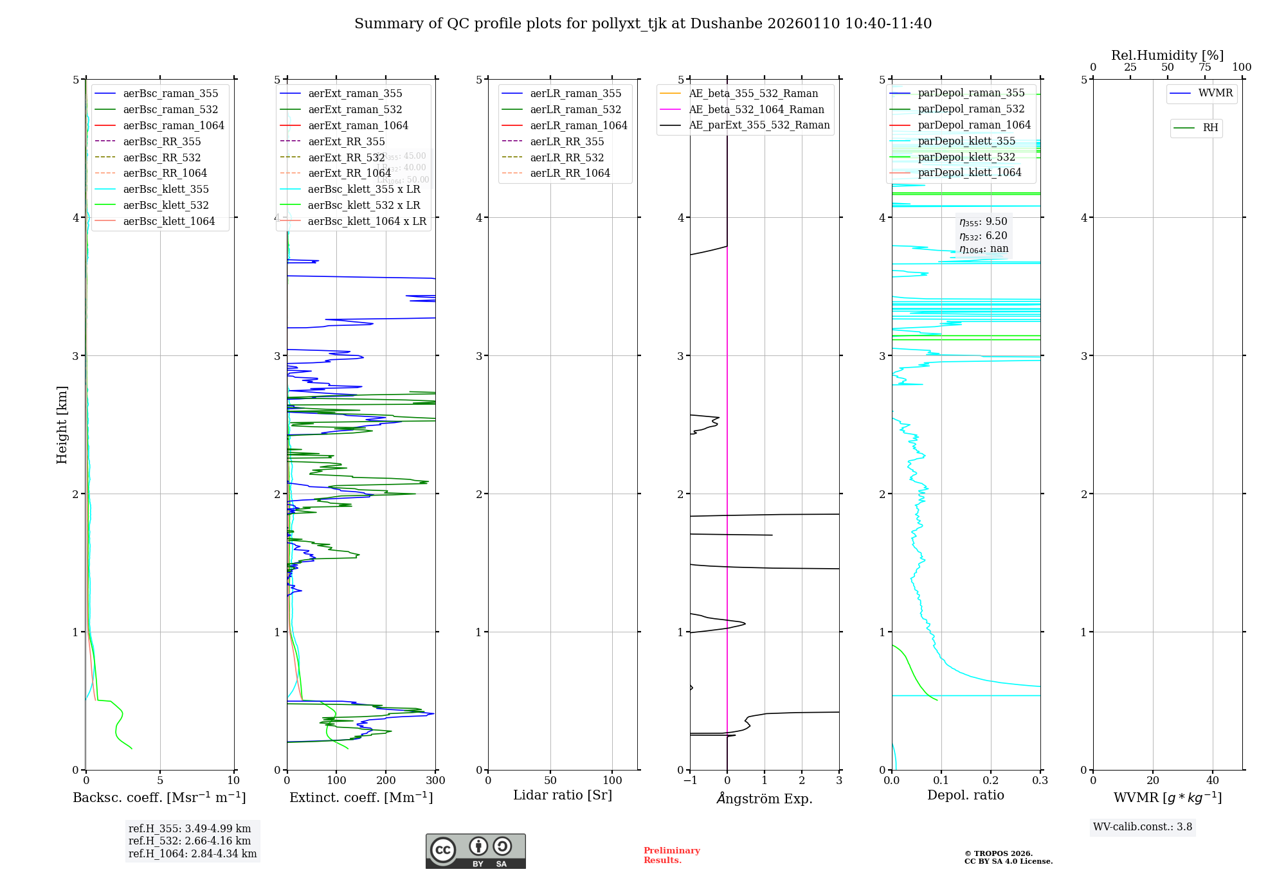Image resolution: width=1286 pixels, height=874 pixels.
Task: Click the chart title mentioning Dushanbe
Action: click(643, 24)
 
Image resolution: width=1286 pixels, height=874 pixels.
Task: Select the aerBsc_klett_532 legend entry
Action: click(166, 205)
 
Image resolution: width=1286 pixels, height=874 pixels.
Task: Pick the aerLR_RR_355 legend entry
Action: click(566, 141)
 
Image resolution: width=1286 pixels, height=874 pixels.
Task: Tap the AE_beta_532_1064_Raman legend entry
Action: click(756, 109)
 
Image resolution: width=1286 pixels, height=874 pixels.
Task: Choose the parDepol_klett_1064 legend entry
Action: click(969, 172)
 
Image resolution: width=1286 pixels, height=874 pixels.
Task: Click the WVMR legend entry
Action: click(1215, 93)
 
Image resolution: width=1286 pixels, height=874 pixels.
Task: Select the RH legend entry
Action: click(1210, 128)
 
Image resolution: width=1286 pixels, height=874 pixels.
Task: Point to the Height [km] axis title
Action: click(62, 424)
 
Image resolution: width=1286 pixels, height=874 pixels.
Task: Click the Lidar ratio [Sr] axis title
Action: click(563, 795)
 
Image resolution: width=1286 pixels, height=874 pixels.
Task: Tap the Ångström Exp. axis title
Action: click(765, 798)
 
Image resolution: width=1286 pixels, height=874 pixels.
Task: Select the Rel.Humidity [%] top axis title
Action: click(1167, 55)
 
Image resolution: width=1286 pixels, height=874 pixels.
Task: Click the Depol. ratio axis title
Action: click(965, 795)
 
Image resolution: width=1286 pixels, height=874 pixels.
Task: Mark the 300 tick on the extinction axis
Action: click(435, 781)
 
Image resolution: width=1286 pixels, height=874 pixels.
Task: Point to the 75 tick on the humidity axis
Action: click(1204, 67)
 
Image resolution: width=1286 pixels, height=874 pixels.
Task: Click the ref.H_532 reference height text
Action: click(190, 841)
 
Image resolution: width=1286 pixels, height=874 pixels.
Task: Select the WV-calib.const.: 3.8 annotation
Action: click(1143, 827)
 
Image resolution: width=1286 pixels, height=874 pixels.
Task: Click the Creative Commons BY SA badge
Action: click(475, 851)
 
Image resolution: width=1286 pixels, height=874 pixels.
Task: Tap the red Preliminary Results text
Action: click(671, 855)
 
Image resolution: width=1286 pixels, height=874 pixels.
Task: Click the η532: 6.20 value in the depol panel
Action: click(983, 236)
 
